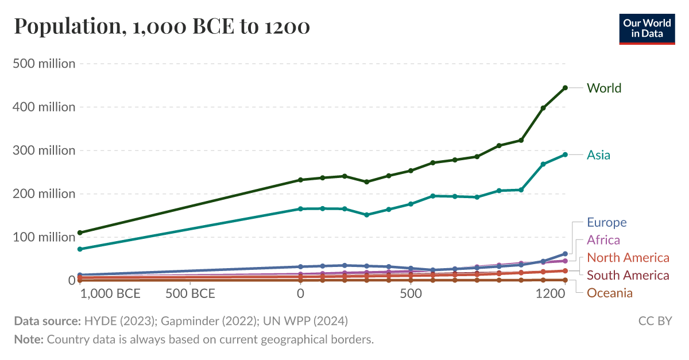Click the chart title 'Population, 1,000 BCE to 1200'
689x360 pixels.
click(162, 26)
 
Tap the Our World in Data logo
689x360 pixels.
click(647, 28)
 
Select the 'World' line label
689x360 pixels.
click(603, 88)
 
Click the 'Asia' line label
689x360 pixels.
click(598, 155)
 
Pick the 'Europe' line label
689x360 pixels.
click(606, 222)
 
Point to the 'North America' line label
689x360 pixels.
click(628, 258)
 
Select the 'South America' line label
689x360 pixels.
click(628, 276)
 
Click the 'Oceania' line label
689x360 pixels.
click(609, 293)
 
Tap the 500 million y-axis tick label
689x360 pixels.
click(44, 64)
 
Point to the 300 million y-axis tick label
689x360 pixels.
click(44, 150)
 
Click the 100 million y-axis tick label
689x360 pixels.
click(44, 237)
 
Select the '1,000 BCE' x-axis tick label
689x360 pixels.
click(110, 294)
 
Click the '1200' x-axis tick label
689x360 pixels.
click(552, 294)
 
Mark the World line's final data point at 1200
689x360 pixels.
click(565, 88)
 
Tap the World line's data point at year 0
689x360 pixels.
click(300, 180)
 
